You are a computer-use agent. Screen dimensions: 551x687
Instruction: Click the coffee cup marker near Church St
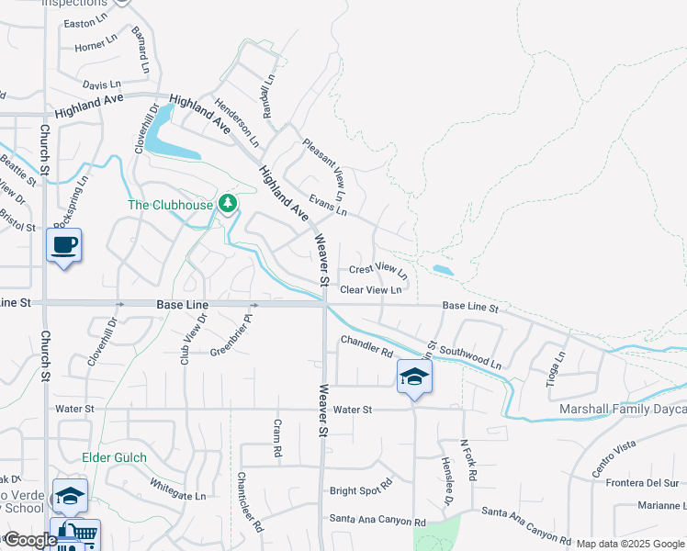64,245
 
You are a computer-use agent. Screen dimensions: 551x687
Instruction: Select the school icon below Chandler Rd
414,376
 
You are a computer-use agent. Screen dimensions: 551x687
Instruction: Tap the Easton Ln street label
87,23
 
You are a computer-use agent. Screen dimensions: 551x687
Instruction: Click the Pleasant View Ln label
324,169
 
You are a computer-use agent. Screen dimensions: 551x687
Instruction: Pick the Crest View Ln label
377,270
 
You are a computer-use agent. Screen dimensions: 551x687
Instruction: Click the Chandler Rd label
366,346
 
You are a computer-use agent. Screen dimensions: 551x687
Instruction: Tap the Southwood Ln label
469,357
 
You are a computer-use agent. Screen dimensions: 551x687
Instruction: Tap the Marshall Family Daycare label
622,409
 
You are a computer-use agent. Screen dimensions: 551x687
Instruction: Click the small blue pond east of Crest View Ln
442,270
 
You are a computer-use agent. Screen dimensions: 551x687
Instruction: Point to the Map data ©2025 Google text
630,544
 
